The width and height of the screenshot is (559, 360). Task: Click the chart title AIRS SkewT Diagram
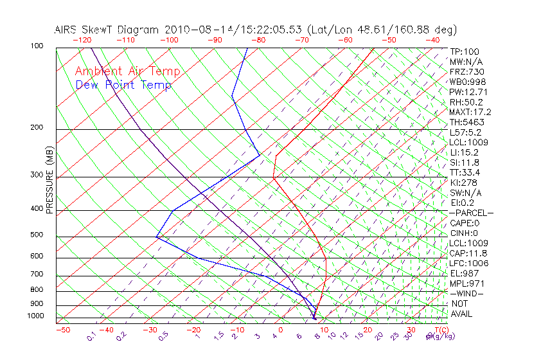pyautogui.click(x=108, y=30)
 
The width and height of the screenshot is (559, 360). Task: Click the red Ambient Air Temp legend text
pyautogui.click(x=127, y=71)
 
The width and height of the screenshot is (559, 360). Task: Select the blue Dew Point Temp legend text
pyautogui.click(x=123, y=85)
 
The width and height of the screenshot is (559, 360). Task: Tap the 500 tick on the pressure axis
pyautogui.click(x=37, y=235)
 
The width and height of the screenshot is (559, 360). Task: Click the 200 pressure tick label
pyautogui.click(x=37, y=127)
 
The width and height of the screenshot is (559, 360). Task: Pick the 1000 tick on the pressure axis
pyautogui.click(x=35, y=316)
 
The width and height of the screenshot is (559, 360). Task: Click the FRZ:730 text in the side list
pyautogui.click(x=466, y=72)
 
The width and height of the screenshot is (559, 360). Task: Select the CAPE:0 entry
pyautogui.click(x=465, y=223)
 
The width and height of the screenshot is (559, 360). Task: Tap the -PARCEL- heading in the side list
pyautogui.click(x=471, y=213)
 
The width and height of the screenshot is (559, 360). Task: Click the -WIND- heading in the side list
pyautogui.click(x=466, y=294)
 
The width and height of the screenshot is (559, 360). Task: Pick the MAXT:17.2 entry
pyautogui.click(x=470, y=113)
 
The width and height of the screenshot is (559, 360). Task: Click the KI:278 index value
pyautogui.click(x=463, y=183)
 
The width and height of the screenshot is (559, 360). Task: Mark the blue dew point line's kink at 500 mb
pyautogui.click(x=156, y=237)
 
